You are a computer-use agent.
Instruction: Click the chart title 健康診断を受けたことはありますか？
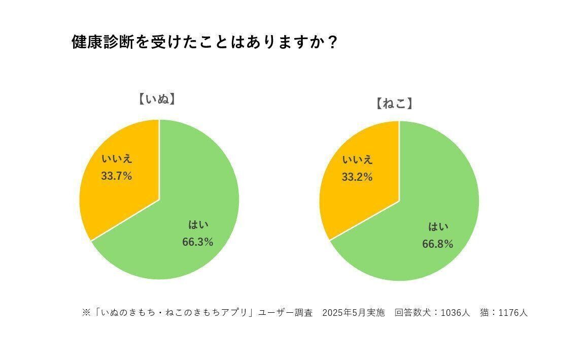(204, 42)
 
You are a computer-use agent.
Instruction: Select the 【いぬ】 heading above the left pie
(156, 99)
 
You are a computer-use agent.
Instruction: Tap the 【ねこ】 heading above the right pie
(394, 104)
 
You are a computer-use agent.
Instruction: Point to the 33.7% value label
(116, 176)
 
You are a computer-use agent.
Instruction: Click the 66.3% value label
(197, 242)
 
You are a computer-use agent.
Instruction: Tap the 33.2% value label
(357, 177)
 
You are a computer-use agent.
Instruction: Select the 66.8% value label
(437, 244)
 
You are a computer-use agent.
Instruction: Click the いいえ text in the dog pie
(117, 159)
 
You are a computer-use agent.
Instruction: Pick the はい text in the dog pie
(198, 225)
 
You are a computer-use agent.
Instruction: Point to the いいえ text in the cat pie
(358, 160)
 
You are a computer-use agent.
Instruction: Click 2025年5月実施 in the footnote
(354, 313)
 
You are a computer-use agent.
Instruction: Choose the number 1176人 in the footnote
(513, 313)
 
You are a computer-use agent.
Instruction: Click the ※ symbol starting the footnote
(86, 313)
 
